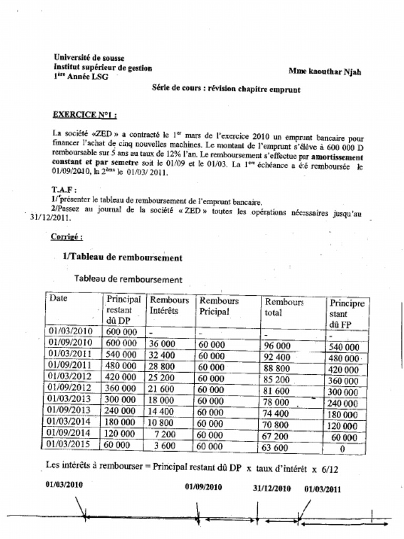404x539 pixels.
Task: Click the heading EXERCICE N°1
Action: tap(85, 115)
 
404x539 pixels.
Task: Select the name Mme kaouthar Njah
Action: tap(325, 72)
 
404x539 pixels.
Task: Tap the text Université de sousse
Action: tap(89, 57)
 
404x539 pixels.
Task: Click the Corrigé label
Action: tap(66, 237)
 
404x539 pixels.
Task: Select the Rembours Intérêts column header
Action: tap(169, 305)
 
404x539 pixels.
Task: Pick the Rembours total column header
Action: tap(284, 307)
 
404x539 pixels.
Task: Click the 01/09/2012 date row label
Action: tap(70, 387)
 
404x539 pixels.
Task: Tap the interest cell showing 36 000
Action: tap(162, 344)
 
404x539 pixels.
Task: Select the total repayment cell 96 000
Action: tap(277, 346)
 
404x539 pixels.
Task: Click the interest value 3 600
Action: tap(165, 445)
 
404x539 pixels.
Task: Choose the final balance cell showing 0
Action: tap(342, 449)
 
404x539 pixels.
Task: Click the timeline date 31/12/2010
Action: tap(271, 488)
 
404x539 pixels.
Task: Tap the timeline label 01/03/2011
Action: tap(322, 488)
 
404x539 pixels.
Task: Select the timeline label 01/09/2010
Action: tap(203, 487)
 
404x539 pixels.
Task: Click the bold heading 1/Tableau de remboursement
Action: tap(122, 257)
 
